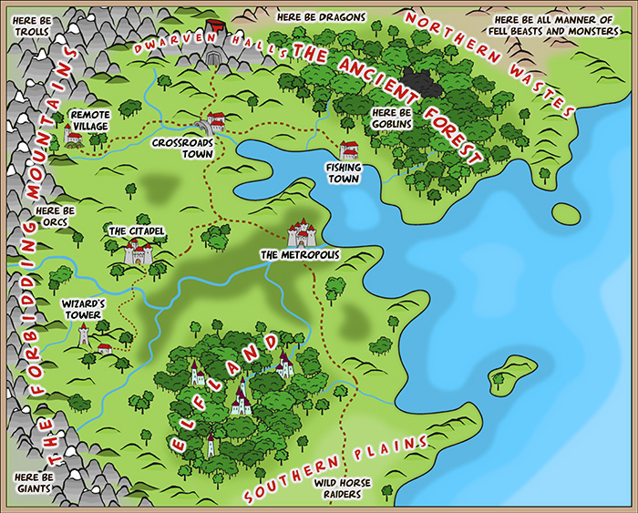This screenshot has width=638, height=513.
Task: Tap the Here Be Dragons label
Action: tap(321, 17)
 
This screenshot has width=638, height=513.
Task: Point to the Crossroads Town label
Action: tap(182, 149)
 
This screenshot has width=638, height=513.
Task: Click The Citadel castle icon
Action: tap(138, 251)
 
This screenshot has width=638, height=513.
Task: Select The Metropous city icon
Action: tap(302, 234)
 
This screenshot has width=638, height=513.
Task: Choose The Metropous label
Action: tap(299, 255)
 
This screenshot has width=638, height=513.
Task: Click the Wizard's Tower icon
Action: tap(84, 333)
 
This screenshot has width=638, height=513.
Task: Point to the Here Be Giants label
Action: tap(35, 482)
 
